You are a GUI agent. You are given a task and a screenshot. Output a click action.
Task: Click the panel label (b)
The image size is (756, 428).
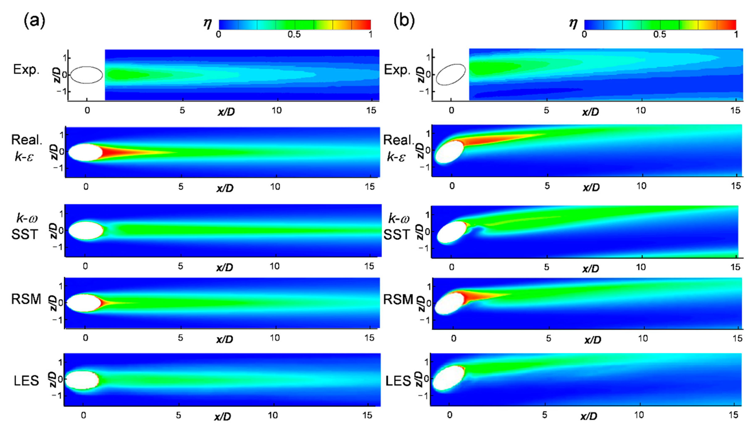[x=404, y=21]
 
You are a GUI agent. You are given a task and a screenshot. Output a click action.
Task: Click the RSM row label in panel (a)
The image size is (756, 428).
[x=26, y=299]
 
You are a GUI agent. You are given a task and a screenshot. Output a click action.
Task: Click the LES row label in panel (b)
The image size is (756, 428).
[x=398, y=381]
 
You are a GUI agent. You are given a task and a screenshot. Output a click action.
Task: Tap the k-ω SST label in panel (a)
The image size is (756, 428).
[x=26, y=226]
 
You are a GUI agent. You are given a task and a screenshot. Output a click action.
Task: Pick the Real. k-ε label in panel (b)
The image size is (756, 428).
[x=398, y=148]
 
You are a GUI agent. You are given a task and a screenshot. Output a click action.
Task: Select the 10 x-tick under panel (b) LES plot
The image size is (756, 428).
[x=639, y=415]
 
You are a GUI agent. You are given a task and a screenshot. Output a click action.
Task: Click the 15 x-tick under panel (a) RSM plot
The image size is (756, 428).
[x=369, y=338]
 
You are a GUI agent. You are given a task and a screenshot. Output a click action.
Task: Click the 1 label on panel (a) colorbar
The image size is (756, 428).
[x=370, y=35]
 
